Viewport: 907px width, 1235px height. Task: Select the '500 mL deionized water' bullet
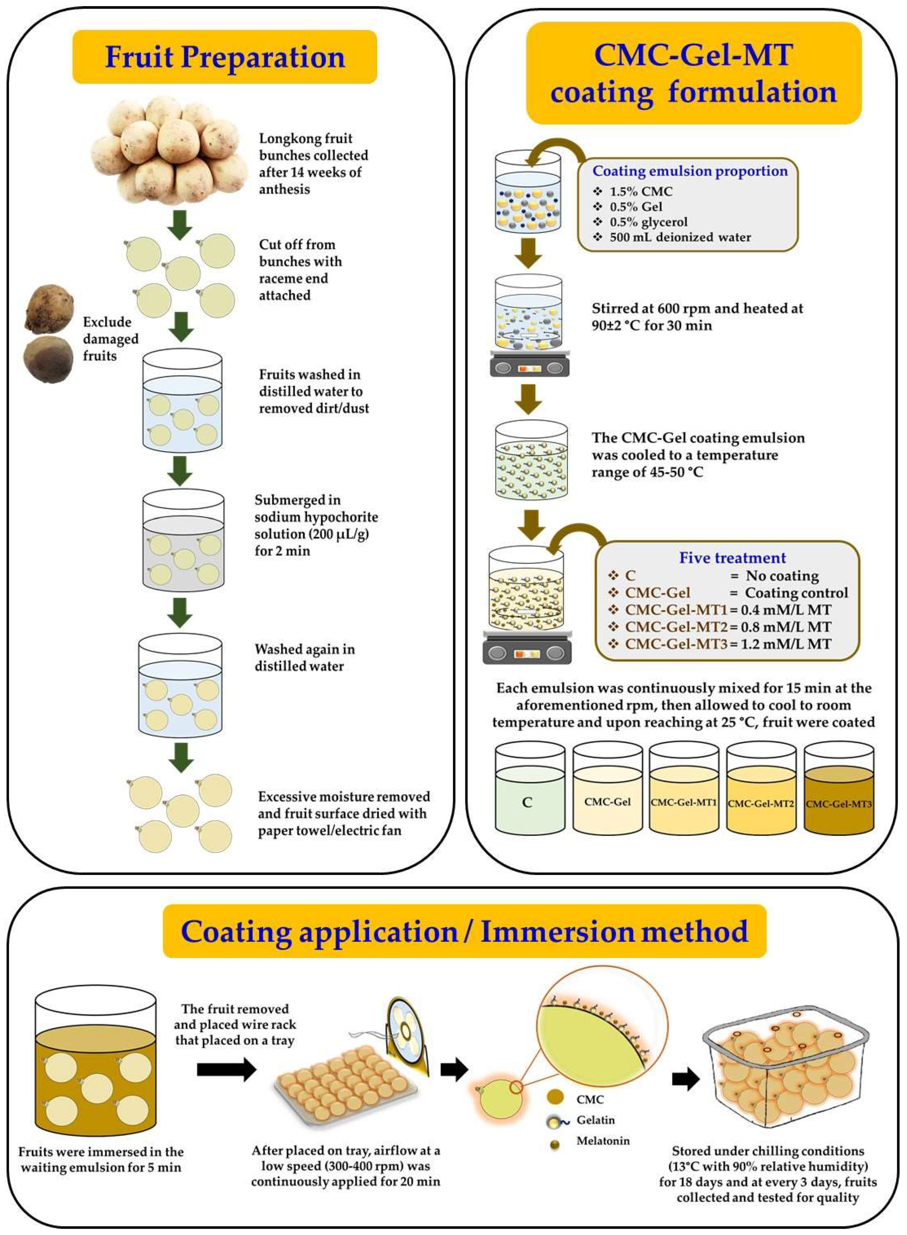pyautogui.click(x=680, y=237)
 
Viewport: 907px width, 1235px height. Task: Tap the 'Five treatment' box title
pyautogui.click(x=733, y=558)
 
